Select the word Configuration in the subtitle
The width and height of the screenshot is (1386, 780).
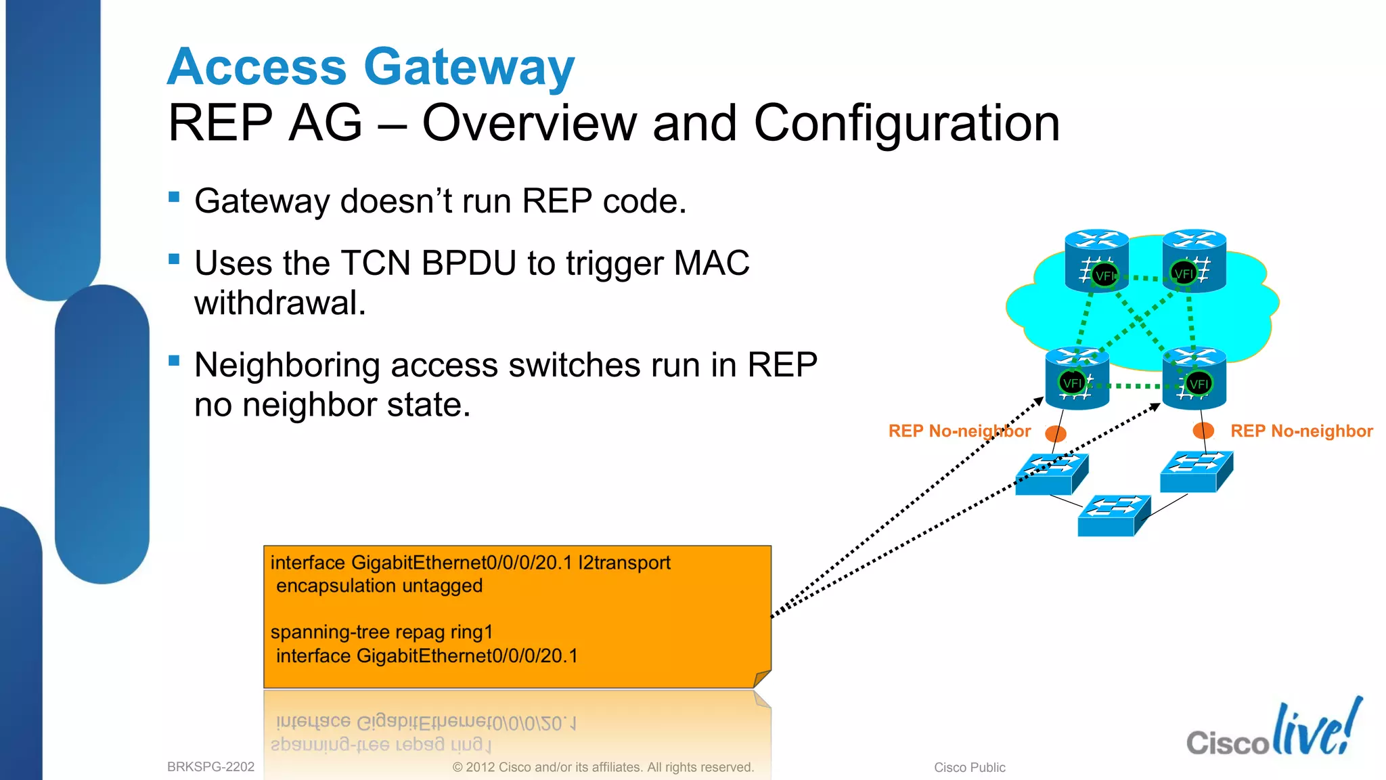[x=906, y=123]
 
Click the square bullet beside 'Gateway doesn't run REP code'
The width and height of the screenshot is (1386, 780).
[x=174, y=197]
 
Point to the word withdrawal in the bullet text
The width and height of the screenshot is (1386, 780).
[x=280, y=303]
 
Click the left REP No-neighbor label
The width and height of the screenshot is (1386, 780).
[x=959, y=431]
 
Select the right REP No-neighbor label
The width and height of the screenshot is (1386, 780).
[x=1301, y=431]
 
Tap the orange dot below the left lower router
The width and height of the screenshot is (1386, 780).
[x=1056, y=433]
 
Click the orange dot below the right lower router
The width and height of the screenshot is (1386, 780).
[x=1203, y=430]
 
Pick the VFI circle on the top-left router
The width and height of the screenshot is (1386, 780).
[x=1104, y=276]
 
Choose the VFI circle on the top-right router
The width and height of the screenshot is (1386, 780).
[x=1184, y=274]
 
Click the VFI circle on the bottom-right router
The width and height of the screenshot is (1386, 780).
[x=1199, y=384]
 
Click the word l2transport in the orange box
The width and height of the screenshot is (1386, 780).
[x=624, y=563]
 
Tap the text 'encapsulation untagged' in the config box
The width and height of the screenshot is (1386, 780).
[x=379, y=586]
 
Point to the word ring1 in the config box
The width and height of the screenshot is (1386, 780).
[x=472, y=632]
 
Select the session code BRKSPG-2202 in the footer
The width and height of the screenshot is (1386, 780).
[x=210, y=766]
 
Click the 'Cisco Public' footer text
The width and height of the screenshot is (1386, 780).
[x=969, y=767]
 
